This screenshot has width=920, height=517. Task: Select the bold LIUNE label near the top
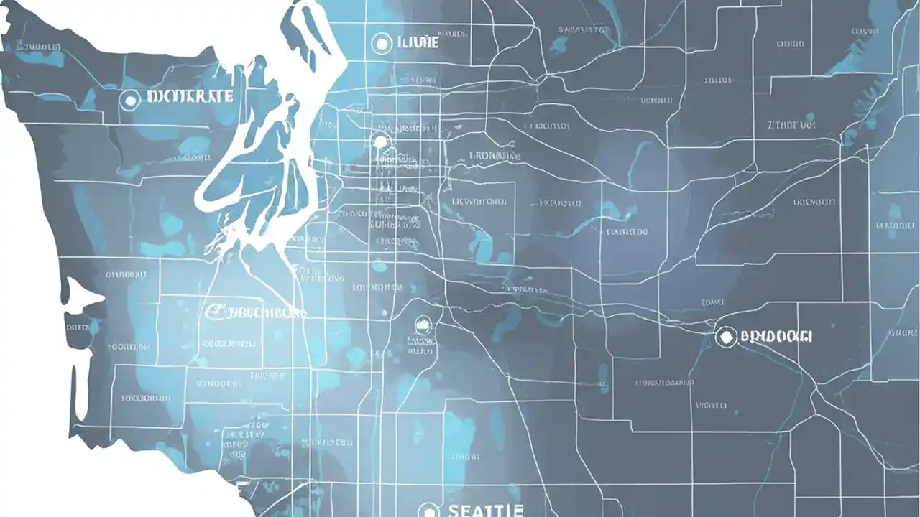[x=417, y=43]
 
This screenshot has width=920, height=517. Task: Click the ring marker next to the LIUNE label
[x=382, y=44]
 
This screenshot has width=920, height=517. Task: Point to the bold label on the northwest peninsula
[x=188, y=97]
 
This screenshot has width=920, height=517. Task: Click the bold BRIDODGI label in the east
[x=776, y=335]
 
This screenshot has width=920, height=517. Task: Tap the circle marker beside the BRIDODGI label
[x=726, y=336]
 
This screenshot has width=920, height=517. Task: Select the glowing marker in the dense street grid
[x=379, y=141]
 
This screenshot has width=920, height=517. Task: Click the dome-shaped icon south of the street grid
[x=422, y=325]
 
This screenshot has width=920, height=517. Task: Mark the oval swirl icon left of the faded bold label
[x=213, y=312]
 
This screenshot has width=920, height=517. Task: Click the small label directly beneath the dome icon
[x=421, y=351]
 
